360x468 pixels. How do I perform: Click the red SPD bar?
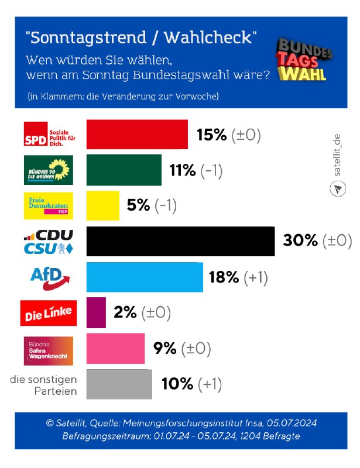[x=137, y=135]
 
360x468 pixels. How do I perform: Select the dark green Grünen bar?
[x=124, y=170]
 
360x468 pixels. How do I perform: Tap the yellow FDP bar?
[x=103, y=205]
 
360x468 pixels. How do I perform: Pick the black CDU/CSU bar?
[x=180, y=241]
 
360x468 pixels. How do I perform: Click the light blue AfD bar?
[x=145, y=277]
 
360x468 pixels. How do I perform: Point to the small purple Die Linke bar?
[x=97, y=312]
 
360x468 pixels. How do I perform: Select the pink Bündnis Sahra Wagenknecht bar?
[x=115, y=349]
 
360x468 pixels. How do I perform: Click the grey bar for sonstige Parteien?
[x=119, y=384]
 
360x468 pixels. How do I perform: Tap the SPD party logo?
[x=48, y=134]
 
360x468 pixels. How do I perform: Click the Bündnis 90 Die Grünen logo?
[x=48, y=170]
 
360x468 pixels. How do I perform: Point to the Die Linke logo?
[x=48, y=313]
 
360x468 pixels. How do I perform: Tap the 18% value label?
[x=224, y=277]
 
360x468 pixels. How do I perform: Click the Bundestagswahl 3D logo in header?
[x=303, y=60]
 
